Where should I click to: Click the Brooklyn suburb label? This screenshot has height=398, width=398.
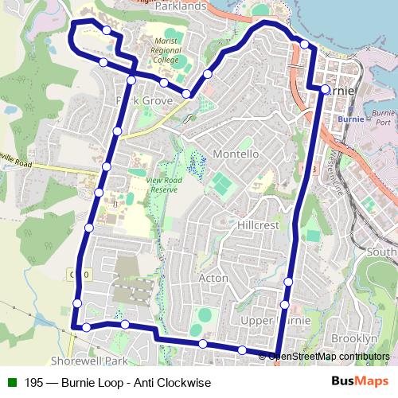coord(353,338)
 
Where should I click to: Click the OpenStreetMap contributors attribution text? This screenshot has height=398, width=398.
coord(327,356)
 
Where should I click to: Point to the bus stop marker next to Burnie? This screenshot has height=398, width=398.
coord(324,89)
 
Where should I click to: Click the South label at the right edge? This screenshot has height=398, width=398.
coord(383,252)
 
